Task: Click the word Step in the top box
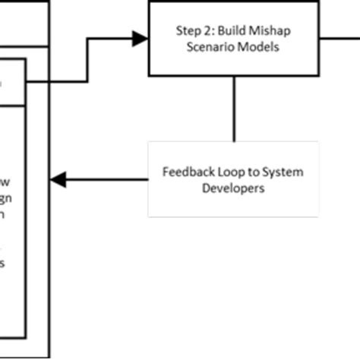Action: pyautogui.click(x=187, y=33)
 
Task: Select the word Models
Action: pyautogui.click(x=257, y=46)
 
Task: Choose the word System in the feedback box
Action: pyautogui.click(x=275, y=172)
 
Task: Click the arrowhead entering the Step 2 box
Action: pyautogui.click(x=141, y=38)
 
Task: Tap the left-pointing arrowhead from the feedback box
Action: pyautogui.click(x=58, y=180)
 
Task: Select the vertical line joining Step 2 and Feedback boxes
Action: pyautogui.click(x=233, y=109)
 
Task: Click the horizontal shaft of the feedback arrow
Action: pyautogui.click(x=106, y=180)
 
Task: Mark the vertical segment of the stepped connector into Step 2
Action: pyautogui.click(x=88, y=58)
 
